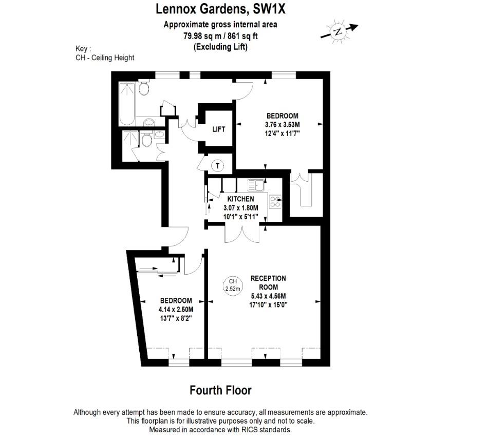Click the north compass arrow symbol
(339, 31)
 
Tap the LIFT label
(219, 129)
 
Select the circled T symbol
(218, 165)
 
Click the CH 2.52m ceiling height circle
(233, 285)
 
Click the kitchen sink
(255, 184)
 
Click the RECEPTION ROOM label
(268, 282)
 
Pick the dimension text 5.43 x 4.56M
(268, 296)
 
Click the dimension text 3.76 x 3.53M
(282, 124)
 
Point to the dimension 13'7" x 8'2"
(176, 318)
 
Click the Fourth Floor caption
(220, 390)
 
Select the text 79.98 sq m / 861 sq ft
(220, 36)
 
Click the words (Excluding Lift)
(220, 47)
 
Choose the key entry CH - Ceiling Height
(105, 58)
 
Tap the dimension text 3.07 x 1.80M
(240, 207)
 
